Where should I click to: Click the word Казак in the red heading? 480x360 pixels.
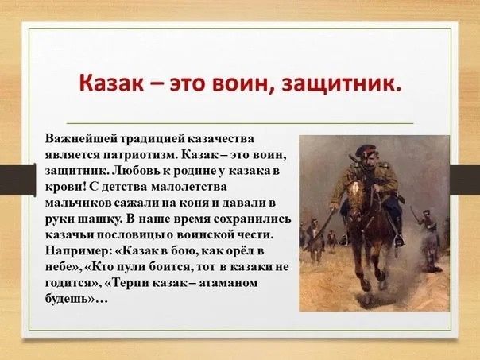pos(111,83)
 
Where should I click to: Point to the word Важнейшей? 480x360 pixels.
pos(83,139)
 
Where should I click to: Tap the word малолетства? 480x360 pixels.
pos(189,187)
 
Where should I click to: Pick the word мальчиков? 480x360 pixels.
pos(79,203)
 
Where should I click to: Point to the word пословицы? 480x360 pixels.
pos(130,235)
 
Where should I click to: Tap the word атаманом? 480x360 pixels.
pos(228,284)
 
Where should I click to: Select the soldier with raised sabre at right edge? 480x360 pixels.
pos(427,233)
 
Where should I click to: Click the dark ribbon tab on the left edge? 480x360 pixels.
pos(17,180)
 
